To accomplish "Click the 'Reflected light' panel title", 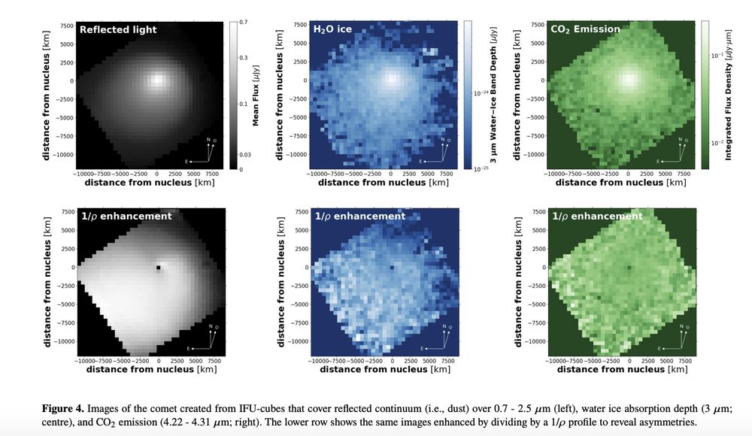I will (118, 29).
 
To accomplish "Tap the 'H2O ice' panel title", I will (332, 29).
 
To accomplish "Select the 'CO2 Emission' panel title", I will (585, 29).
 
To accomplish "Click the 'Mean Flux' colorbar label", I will (256, 95).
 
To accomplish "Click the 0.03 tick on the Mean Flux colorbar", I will (245, 154).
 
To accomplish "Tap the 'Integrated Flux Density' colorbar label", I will (728, 95).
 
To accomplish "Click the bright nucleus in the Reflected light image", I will (158, 79).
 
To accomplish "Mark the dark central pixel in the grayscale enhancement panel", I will (159, 267).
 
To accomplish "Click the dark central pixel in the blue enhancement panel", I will (393, 267).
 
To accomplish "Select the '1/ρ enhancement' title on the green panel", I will (597, 216).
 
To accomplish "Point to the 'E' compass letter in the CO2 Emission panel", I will (659, 161).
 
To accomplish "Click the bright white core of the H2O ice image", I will (392, 79).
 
